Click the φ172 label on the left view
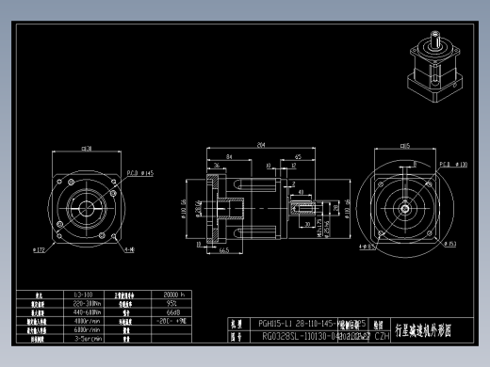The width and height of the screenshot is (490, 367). point(40,250)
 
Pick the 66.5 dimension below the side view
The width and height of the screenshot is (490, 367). point(226,251)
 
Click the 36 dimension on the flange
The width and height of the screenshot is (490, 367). point(217,165)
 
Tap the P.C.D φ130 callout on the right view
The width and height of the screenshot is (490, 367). point(454,164)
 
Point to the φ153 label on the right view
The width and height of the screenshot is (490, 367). point(451,245)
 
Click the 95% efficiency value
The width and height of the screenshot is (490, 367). point(171,302)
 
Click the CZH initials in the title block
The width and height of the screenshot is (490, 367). point(382,335)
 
